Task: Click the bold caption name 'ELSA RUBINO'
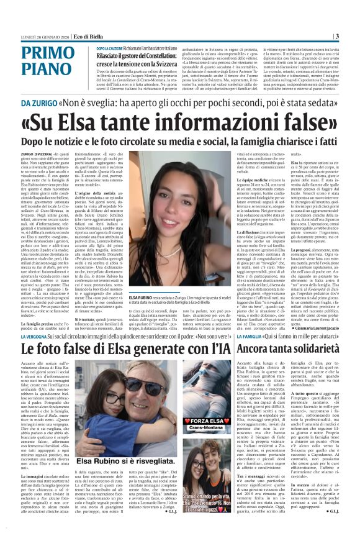coord(143,316)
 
